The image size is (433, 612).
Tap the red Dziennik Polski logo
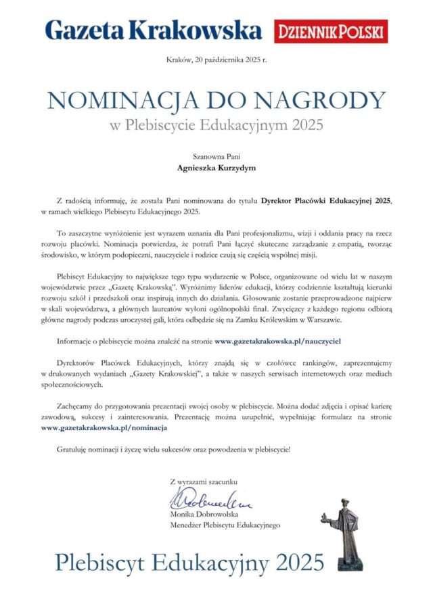pyautogui.click(x=331, y=31)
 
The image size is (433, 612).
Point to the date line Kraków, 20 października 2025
pyautogui.click(x=216, y=60)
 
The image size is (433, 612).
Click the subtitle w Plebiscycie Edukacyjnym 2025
pyautogui.click(x=216, y=124)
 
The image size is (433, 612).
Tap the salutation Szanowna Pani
pyautogui.click(x=216, y=155)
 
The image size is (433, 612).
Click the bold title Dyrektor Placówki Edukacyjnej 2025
pyautogui.click(x=327, y=202)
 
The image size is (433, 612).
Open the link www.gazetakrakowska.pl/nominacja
pyautogui.click(x=104, y=427)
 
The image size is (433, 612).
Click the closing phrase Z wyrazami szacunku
pyautogui.click(x=204, y=481)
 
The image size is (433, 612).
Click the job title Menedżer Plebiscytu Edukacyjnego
pyautogui.click(x=225, y=525)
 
